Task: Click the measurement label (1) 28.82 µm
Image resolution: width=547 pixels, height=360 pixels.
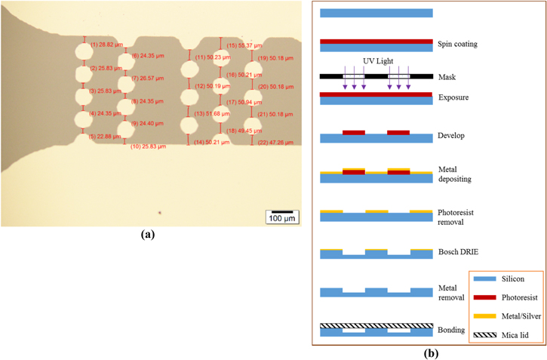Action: pos(106,45)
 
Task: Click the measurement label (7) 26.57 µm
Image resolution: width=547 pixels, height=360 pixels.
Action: pos(147,78)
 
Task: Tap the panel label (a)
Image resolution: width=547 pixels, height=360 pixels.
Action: pos(148,235)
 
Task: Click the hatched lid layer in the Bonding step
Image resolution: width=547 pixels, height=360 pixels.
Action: pos(376,326)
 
